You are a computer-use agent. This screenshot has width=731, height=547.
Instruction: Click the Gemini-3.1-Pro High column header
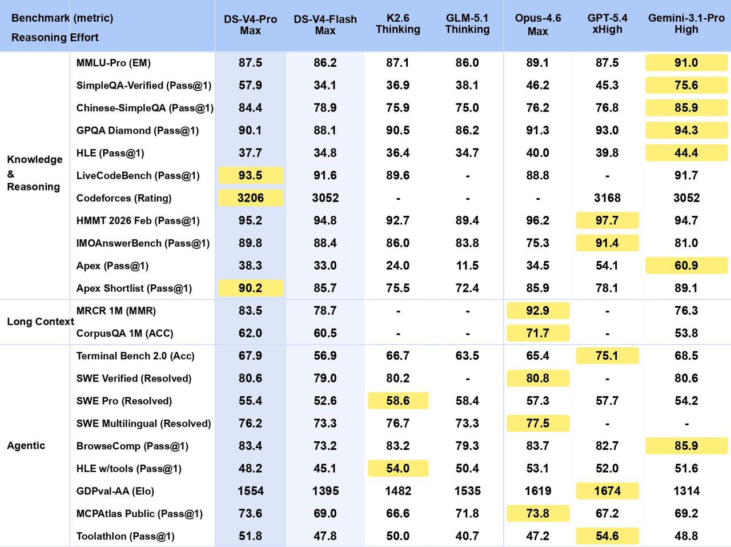(x=686, y=23)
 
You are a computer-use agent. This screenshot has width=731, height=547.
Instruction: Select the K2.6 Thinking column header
(x=398, y=23)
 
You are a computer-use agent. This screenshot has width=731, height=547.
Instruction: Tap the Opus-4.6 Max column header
(x=538, y=25)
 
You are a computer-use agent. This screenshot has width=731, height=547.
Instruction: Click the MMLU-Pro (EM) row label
(x=113, y=63)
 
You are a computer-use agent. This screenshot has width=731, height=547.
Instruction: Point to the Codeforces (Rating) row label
(x=124, y=198)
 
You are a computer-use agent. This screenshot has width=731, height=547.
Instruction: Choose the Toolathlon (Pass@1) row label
(x=125, y=536)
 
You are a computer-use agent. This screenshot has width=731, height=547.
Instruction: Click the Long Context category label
(x=41, y=321)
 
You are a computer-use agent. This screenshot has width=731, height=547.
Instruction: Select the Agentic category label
(x=26, y=446)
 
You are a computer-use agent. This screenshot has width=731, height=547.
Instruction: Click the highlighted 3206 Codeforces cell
(x=251, y=198)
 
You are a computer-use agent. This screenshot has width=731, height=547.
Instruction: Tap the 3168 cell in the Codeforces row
(x=607, y=198)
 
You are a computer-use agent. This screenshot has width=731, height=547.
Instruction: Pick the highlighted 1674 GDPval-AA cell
(x=607, y=491)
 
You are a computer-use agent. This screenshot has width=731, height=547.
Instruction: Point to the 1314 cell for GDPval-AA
(x=686, y=491)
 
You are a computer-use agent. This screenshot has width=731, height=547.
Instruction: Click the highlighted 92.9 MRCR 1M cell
(x=538, y=311)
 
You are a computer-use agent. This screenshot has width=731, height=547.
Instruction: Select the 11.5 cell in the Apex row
(x=467, y=266)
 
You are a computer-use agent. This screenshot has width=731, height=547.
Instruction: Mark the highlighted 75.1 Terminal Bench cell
(x=607, y=356)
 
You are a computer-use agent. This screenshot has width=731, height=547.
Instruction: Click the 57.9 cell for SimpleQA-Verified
(x=251, y=85)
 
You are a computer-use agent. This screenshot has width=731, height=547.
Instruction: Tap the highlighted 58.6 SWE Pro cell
(x=398, y=401)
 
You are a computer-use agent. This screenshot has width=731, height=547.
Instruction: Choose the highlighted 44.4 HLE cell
(x=686, y=153)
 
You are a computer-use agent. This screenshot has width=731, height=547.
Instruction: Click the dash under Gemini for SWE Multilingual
(x=686, y=424)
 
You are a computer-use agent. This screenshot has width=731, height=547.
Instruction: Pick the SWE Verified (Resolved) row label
(x=134, y=379)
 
